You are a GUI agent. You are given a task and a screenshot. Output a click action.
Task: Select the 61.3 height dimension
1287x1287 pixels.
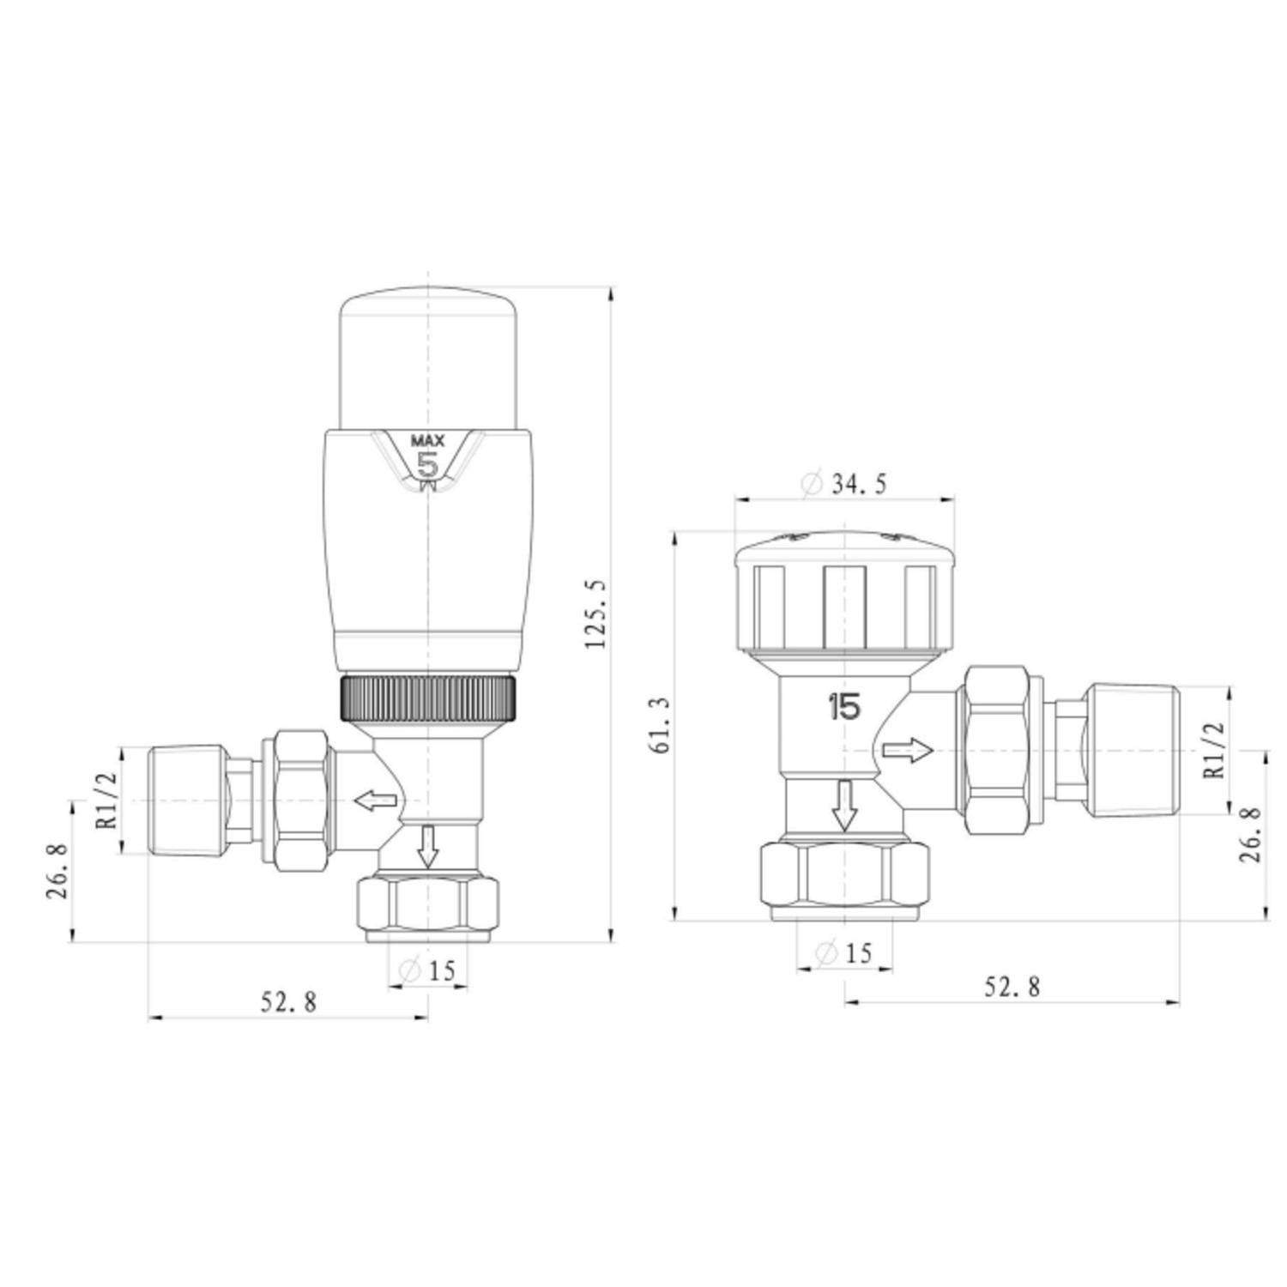coord(662,725)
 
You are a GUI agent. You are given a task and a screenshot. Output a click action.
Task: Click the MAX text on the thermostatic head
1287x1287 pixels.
coord(427,441)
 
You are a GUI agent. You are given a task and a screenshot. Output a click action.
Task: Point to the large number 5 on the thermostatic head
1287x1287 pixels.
coord(427,466)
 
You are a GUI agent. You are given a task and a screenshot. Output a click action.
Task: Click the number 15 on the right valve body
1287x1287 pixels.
coord(843,708)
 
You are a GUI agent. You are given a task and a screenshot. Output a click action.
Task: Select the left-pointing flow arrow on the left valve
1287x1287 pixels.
coord(376,801)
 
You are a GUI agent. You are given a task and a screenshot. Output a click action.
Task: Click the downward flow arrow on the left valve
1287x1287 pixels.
coord(427,846)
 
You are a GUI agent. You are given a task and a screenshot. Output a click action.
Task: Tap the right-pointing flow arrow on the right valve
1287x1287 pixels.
coord(908,750)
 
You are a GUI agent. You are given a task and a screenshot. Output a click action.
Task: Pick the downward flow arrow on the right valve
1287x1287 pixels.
coord(845,805)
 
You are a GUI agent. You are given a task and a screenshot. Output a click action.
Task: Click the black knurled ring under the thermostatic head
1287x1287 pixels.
coord(428,698)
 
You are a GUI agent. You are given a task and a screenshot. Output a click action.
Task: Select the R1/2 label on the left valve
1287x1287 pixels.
coord(106,801)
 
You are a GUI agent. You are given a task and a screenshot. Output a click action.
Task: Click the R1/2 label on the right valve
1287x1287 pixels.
coord(1214,750)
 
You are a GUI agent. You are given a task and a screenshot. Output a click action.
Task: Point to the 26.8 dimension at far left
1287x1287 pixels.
coord(57,871)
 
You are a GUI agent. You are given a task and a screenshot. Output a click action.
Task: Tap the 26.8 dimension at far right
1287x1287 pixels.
coord(1251,834)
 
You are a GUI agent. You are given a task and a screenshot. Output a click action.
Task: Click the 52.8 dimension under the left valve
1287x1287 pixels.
coord(288,1001)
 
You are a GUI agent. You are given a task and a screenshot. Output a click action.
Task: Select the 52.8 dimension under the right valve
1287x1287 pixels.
coord(1012,987)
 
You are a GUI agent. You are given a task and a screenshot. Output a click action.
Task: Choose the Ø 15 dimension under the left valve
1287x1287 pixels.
coord(427,971)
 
